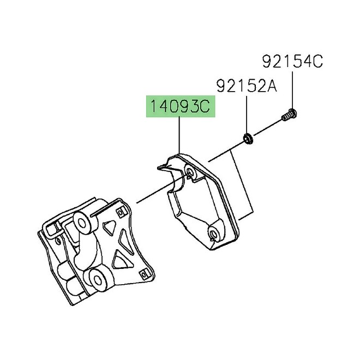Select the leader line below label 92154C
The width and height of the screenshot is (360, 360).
click(x=292, y=90)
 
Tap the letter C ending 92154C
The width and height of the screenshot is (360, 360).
click(x=317, y=62)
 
